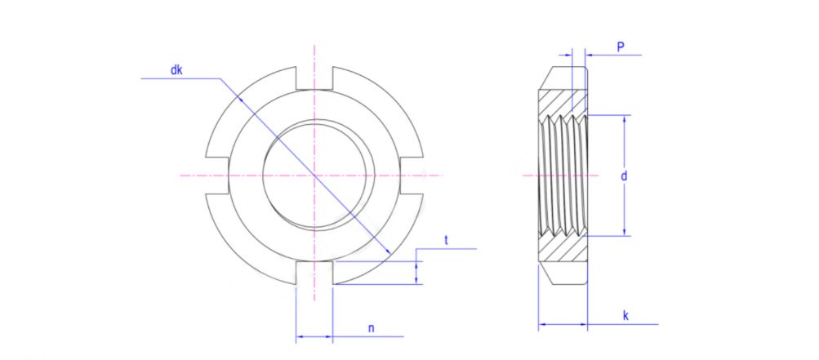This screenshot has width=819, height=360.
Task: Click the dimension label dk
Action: click(176, 70)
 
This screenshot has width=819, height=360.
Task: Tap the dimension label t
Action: click(447, 240)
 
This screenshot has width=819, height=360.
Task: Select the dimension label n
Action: click(371, 328)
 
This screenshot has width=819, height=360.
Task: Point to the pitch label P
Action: click(621, 48)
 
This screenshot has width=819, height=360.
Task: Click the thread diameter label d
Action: click(623, 176)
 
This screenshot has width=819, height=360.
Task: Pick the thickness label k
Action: click(625, 314)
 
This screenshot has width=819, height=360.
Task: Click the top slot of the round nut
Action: click(314, 77)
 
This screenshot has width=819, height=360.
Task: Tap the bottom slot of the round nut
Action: click(314, 274)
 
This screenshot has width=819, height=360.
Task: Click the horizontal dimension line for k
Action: click(563, 325)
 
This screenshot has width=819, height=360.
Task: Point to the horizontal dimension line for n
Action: click(314, 336)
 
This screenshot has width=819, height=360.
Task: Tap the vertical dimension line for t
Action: click(417, 269)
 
